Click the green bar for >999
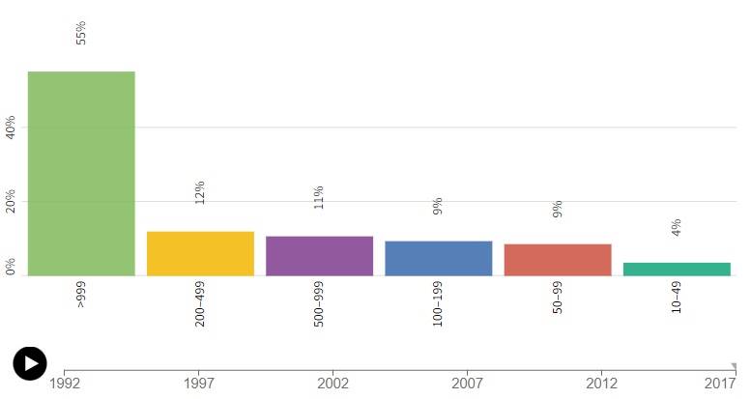pyautogui.click(x=81, y=173)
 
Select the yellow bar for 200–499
pyautogui.click(x=200, y=253)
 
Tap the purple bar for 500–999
pyautogui.click(x=320, y=256)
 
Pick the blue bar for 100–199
pyautogui.click(x=439, y=258)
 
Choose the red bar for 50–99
pyautogui.click(x=558, y=260)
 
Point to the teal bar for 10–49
pyautogui.click(x=677, y=269)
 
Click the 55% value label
pyautogui.click(x=81, y=33)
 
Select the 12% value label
pyautogui.click(x=200, y=192)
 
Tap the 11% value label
pyautogui.click(x=319, y=197)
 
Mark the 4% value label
pyautogui.click(x=677, y=228)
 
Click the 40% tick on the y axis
pyautogui.click(x=10, y=127)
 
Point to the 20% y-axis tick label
pyautogui.click(x=10, y=201)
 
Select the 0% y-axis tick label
pyautogui.click(x=10, y=267)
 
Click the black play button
pyautogui.click(x=30, y=363)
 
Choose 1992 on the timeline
pyautogui.click(x=65, y=384)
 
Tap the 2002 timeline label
pyautogui.click(x=332, y=384)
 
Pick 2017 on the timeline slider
pyautogui.click(x=720, y=384)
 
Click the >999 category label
pyautogui.click(x=81, y=294)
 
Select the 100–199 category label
pyautogui.click(x=437, y=303)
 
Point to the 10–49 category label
pyautogui.click(x=677, y=298)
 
